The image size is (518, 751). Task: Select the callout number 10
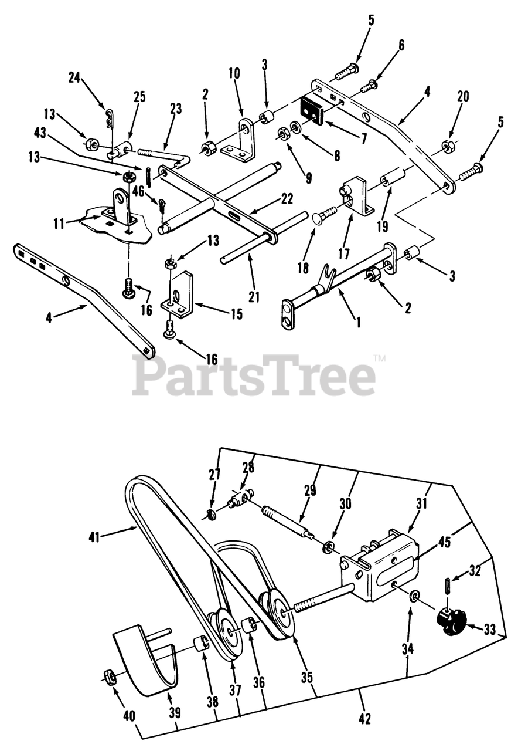click(234, 73)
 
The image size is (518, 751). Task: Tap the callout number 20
click(463, 97)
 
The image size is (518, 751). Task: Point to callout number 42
click(364, 718)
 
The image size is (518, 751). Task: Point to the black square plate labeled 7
click(313, 112)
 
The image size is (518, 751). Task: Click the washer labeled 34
click(415, 597)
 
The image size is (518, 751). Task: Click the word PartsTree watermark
click(254, 375)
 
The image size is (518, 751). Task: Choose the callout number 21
click(254, 297)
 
